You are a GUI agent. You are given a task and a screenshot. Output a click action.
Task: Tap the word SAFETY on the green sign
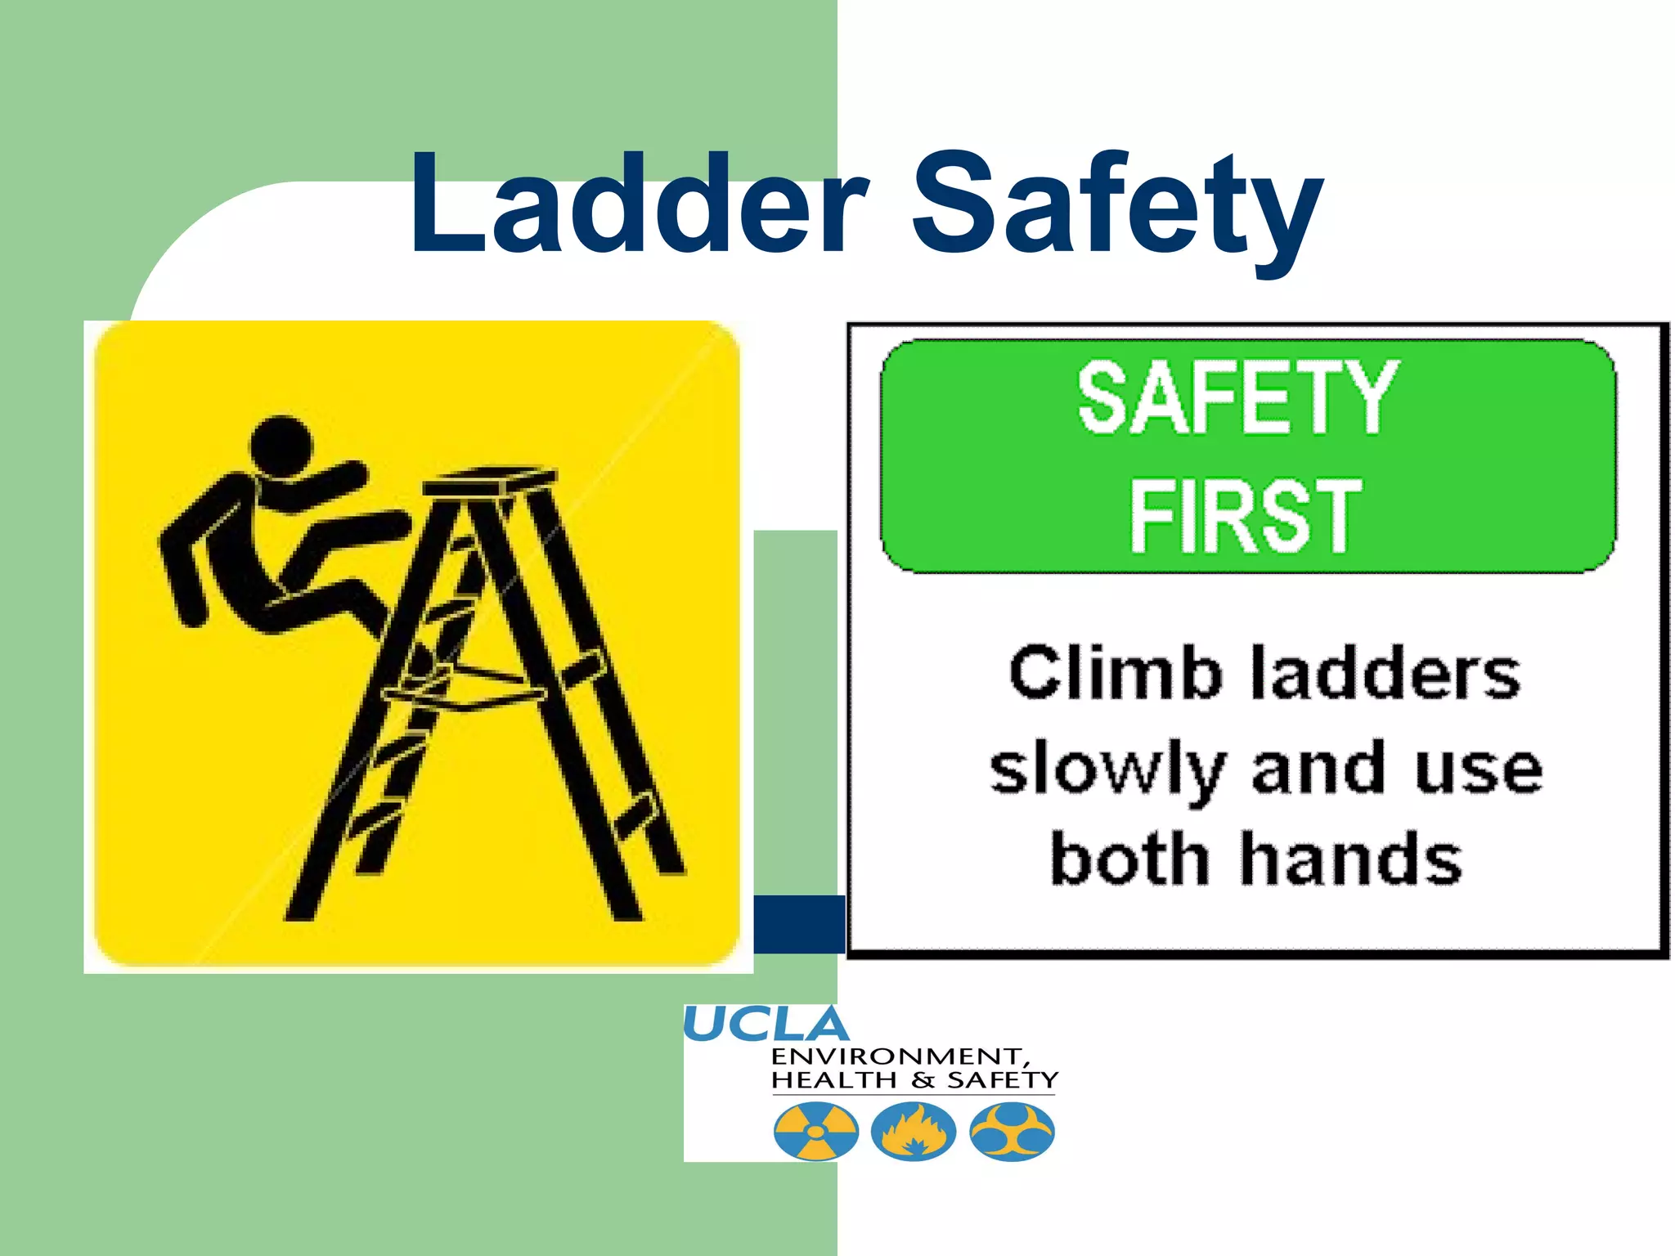[x=1238, y=399]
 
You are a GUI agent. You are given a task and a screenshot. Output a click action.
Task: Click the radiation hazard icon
[x=815, y=1133]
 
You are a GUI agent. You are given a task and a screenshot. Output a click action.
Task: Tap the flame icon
[x=914, y=1133]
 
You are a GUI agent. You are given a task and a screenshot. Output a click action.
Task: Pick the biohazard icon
[x=1012, y=1133]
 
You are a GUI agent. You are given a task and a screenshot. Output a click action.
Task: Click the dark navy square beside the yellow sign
[x=798, y=924]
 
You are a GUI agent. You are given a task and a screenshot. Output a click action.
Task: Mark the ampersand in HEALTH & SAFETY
[x=923, y=1081]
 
